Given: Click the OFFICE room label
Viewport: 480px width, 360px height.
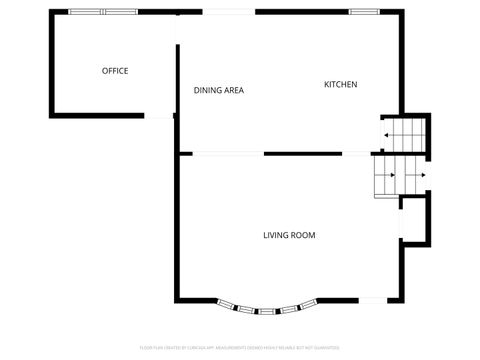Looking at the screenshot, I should tap(115, 71).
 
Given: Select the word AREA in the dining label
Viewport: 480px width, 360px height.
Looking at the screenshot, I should tap(234, 91).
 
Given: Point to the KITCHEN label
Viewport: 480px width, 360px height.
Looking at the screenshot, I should tap(340, 84).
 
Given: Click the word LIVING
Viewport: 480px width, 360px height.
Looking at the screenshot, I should tap(276, 236).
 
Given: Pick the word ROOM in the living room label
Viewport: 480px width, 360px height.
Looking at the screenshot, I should tap(303, 236).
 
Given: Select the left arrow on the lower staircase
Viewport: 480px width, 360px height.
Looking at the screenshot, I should tap(391, 176).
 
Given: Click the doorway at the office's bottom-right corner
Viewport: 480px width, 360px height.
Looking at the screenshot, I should tap(159, 116).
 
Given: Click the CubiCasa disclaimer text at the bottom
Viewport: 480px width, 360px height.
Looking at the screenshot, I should tap(240, 347).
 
